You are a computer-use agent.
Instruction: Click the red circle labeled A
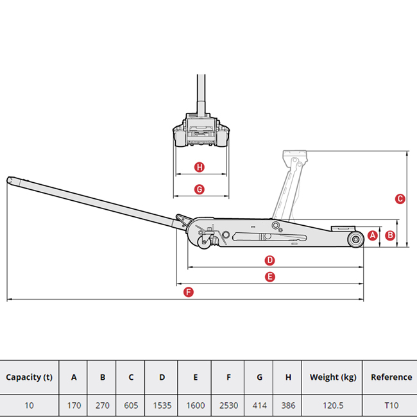373,235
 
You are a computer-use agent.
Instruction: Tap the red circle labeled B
390,235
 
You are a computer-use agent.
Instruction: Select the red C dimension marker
400,199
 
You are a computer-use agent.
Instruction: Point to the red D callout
269,260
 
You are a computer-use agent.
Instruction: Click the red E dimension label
270,277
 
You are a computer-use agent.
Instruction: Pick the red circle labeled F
189,293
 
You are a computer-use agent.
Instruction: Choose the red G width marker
199,190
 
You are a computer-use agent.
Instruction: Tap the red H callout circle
199,167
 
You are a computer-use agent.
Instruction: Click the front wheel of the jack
356,239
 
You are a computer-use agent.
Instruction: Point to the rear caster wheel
204,243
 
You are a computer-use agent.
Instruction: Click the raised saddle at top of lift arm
294,154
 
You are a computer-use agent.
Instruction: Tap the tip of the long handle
8,180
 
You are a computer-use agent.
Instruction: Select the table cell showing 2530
228,405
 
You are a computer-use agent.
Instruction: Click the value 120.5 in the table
332,405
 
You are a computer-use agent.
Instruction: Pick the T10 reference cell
391,405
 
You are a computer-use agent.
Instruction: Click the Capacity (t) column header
30,377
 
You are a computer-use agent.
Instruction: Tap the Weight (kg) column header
332,377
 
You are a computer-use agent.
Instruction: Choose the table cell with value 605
131,405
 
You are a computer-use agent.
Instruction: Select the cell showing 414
259,405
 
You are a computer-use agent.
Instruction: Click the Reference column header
391,377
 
